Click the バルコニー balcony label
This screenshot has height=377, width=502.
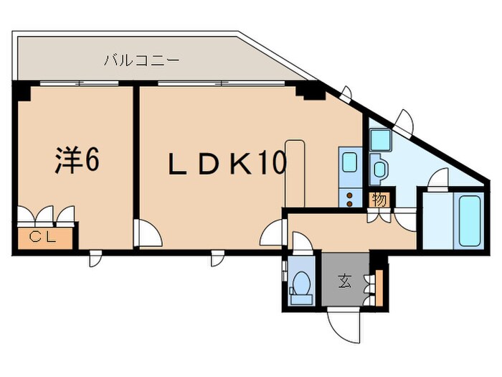(141, 60)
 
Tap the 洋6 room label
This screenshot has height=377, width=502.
(77, 161)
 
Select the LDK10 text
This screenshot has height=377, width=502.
(227, 165)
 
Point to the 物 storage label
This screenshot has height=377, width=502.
(378, 199)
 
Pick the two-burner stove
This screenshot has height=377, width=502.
(351, 197)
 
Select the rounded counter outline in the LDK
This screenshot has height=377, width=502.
(295, 172)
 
